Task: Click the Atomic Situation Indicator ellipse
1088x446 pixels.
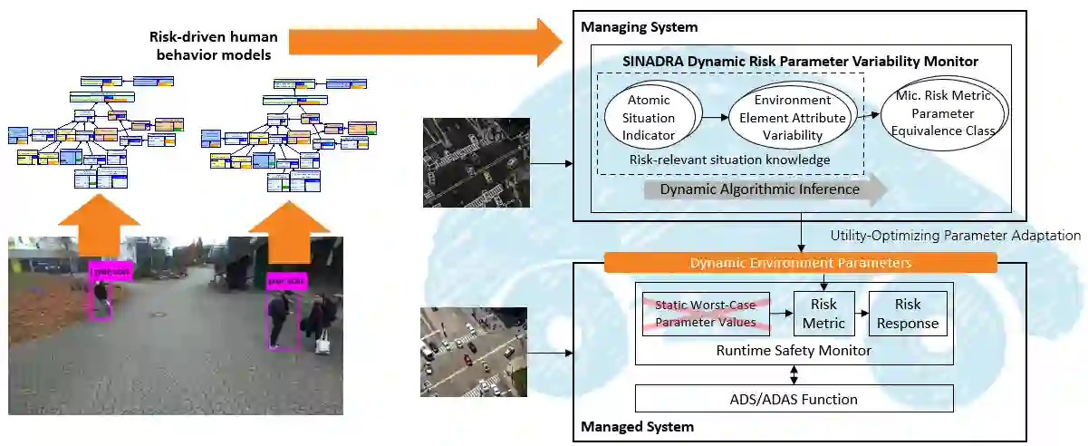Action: coord(650,119)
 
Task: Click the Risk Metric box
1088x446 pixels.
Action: coord(823,314)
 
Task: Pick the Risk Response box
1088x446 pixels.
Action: coord(907,314)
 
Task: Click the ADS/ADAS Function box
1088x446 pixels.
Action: coord(794,399)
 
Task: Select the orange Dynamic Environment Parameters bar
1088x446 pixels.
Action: coord(800,263)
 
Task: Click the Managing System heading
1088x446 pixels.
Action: coord(639,28)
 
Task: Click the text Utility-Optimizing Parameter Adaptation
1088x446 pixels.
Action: coord(955,236)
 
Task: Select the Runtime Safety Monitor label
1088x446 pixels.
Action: coord(794,350)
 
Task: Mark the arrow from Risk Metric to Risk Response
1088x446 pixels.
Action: coord(861,314)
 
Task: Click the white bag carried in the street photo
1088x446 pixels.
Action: coord(322,342)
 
